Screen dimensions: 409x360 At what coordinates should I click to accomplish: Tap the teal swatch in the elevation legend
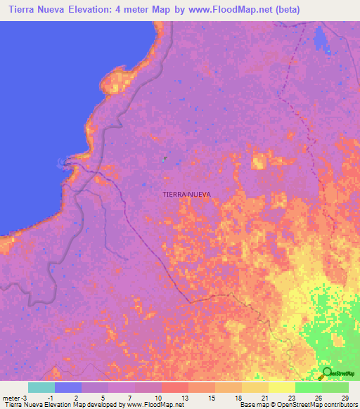tap(41, 387)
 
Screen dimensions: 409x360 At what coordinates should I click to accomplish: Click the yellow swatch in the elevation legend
tap(282, 387)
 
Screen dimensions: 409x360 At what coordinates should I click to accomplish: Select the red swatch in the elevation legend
tap(174, 387)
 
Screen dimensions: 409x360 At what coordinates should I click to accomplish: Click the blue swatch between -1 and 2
tap(67, 387)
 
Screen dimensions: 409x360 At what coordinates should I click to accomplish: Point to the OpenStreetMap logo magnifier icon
tap(327, 372)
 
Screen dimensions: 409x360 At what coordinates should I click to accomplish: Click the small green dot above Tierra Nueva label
tap(165, 159)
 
